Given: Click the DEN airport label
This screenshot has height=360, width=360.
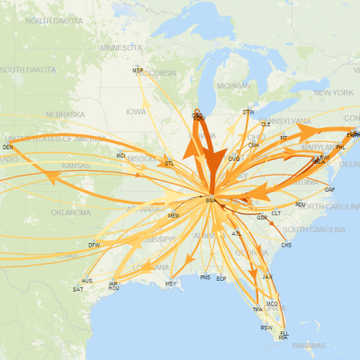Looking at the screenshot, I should point(8,146).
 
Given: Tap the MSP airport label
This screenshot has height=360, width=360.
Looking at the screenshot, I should point(138,70).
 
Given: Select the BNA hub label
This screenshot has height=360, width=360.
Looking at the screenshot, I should point(211,199).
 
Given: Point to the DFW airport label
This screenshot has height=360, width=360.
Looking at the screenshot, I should point(94,245).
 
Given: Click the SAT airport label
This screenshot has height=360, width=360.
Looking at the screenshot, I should point(79,289).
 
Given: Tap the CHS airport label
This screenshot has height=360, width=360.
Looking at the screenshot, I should point(286,245).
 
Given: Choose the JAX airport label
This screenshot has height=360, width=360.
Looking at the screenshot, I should point(266,276).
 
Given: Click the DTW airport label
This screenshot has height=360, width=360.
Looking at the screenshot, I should point(248,112).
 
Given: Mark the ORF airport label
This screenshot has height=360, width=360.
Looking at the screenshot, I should point(329,190).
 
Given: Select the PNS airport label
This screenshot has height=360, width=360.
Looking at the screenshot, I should point(206,278).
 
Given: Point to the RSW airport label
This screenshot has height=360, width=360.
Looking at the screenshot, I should point(265,328).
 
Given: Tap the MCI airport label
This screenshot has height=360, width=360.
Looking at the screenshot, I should point(121,155).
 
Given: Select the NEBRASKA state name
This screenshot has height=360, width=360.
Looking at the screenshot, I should point(65,114).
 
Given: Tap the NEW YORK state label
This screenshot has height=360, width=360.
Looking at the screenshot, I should point(333,93).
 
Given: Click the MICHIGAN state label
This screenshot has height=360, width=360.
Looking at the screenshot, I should point(233,85).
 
